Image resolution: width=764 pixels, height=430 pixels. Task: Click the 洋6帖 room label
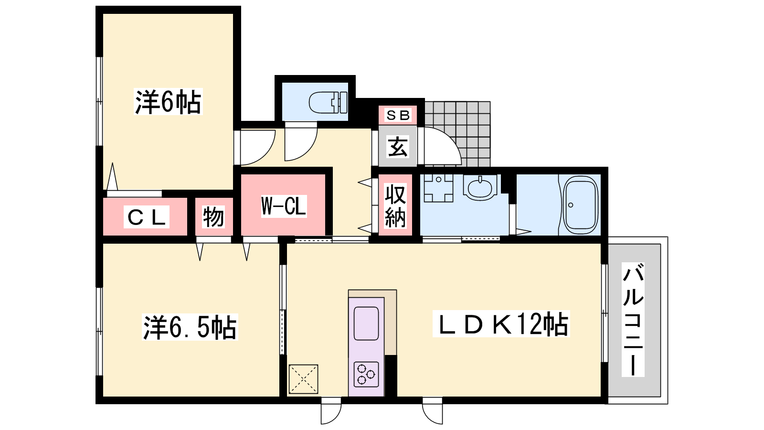tap(168, 102)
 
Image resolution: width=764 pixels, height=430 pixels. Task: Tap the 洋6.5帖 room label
tap(190, 327)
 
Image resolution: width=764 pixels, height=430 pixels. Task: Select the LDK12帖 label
tap(501, 324)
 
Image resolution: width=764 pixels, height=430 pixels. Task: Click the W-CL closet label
tap(284, 206)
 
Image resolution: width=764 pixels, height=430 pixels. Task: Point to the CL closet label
tap(147, 217)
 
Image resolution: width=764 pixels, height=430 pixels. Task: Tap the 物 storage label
tap(213, 217)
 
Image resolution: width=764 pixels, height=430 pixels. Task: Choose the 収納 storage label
tap(395, 206)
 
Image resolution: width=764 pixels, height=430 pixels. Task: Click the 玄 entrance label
tap(398, 147)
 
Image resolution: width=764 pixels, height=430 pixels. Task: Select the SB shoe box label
tap(398, 115)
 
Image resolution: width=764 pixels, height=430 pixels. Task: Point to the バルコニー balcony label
tap(633, 320)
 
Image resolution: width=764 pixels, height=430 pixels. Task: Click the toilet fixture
tap(328, 102)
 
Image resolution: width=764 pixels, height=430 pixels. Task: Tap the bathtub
tap(581, 205)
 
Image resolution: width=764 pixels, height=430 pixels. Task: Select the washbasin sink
tap(480, 187)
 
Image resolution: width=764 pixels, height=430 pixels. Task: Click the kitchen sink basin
tap(366, 323)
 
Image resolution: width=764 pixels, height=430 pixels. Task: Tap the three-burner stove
tap(366, 375)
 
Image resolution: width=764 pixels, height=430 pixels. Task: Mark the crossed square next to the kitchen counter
tap(303, 379)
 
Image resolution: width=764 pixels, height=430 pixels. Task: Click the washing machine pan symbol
tap(439, 188)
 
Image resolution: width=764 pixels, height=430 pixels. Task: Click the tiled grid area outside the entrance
tap(457, 134)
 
